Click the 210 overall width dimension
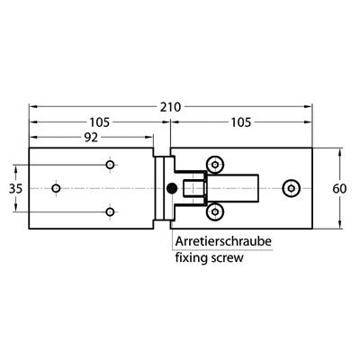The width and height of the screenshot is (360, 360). pos(170,107)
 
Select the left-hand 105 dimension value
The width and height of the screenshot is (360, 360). pos(100,122)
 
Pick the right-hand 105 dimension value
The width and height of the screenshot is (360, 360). pos(240,122)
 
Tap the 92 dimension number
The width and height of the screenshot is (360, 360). pos(91,138)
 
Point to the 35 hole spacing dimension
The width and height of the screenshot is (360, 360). pos(15,189)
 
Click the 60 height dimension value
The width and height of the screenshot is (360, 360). pos(339,189)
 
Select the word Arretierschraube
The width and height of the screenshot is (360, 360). pos(223,241)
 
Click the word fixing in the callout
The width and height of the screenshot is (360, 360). pos(191,258)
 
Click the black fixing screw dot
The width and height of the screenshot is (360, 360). pos(172,189)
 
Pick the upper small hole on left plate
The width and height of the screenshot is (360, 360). pos(110,165)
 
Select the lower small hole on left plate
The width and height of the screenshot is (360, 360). pos(110,211)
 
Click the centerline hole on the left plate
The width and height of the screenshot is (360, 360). pos(56,188)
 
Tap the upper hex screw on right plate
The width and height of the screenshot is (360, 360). pos(215,165)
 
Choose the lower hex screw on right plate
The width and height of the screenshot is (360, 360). pos(215,212)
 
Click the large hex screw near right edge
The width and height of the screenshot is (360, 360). pos(291,188)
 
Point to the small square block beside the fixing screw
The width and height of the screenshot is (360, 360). pos(194,188)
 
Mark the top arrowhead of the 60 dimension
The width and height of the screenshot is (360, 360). pos(339,152)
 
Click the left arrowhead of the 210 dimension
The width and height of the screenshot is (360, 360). pos(32,106)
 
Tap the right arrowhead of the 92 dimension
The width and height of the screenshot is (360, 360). pos(149,137)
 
